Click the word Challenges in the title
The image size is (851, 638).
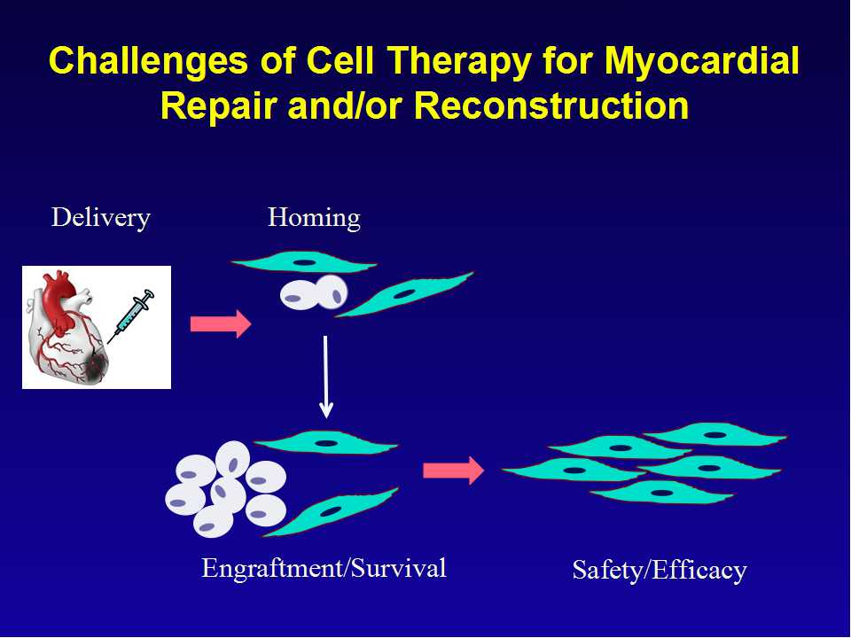click(x=148, y=61)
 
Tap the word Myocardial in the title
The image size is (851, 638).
click(x=702, y=61)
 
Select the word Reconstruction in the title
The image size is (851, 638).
click(x=551, y=105)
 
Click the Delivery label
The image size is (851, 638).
click(x=100, y=218)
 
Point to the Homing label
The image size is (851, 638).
click(x=314, y=218)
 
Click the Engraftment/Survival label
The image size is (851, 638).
click(x=324, y=569)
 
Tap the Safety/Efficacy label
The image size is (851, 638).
click(x=660, y=570)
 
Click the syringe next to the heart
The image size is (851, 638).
click(x=131, y=316)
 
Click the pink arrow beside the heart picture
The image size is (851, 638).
click(x=221, y=324)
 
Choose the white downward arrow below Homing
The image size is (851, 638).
click(x=325, y=377)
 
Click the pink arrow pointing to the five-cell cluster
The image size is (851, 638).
click(x=453, y=471)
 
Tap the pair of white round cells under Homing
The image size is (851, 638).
click(x=314, y=293)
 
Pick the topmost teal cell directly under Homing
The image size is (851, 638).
click(x=303, y=262)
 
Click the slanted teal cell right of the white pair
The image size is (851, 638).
click(x=404, y=294)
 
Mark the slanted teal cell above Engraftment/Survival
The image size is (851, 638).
click(x=331, y=511)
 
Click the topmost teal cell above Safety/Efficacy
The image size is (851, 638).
click(x=714, y=434)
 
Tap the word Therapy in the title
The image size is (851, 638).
click(x=457, y=61)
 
